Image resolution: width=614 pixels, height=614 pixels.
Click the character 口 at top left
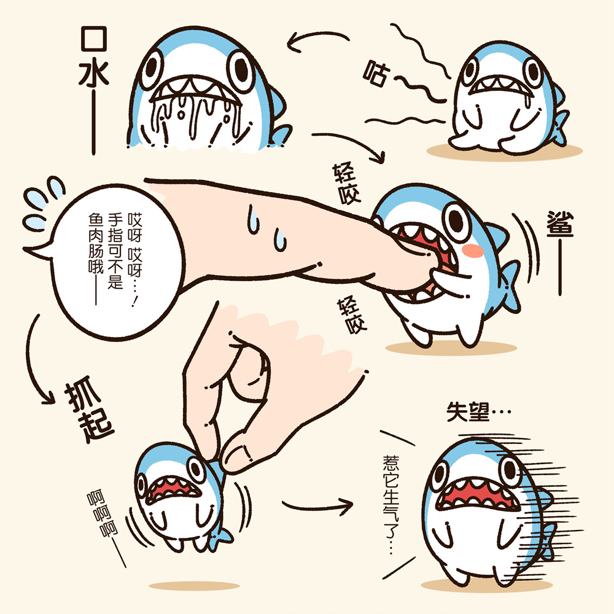coord(93,38)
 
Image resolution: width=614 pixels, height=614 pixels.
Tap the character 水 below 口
coord(93,73)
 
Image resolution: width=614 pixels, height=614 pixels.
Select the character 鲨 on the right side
coord(560,223)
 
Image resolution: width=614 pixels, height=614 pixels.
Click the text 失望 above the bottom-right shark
coord(467,411)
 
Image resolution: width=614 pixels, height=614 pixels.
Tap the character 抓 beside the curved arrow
coord(83,394)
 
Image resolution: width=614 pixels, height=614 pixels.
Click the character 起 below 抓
coord(96,426)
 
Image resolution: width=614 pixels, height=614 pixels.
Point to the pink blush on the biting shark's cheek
coord(473,251)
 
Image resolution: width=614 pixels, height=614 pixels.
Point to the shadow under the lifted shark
coord(194,586)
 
